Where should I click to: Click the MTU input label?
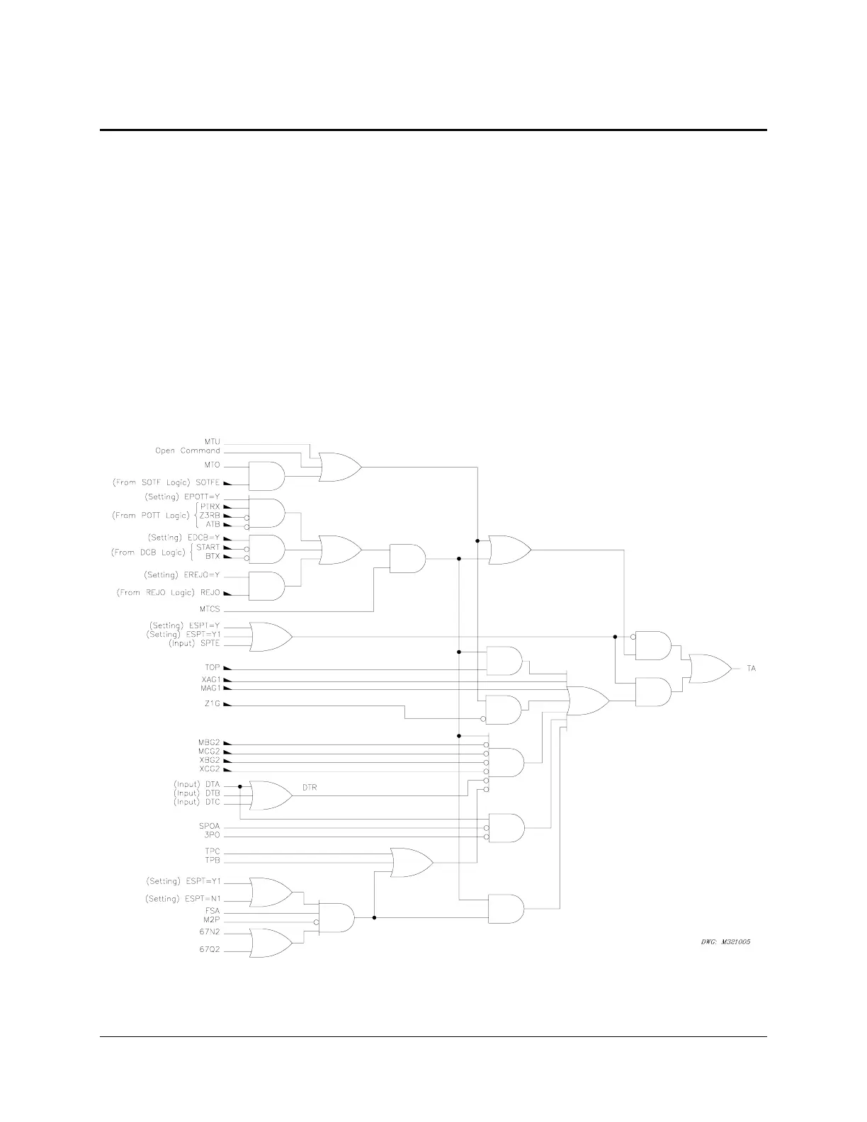point(212,442)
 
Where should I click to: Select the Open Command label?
point(188,450)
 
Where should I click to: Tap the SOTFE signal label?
point(208,482)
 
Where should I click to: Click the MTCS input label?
point(210,609)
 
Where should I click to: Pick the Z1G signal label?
point(211,705)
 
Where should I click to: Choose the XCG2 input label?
point(209,769)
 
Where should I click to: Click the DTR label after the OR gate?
point(310,788)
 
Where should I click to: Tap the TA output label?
point(752,669)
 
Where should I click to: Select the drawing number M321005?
point(721,942)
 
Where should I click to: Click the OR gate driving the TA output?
point(710,669)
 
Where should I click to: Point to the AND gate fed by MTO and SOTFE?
point(267,477)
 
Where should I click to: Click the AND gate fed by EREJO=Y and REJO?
point(267,586)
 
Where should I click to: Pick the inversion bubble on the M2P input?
point(317,922)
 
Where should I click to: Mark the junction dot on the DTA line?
point(241,786)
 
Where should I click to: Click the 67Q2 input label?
point(210,950)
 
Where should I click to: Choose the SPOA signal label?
point(210,826)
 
